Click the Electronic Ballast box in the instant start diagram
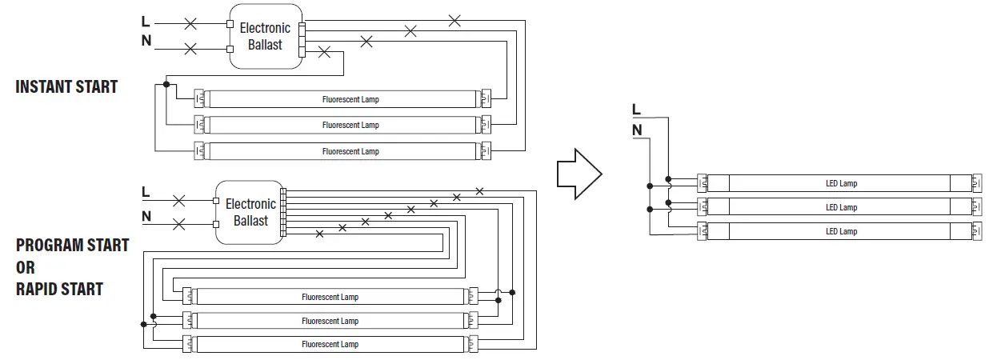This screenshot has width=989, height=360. (266, 37)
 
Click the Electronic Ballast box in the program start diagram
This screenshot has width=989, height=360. (250, 212)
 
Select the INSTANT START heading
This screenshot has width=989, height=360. (66, 87)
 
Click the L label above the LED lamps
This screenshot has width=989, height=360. (636, 110)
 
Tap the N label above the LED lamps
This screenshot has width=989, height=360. (636, 130)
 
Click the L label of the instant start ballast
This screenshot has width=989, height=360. (146, 22)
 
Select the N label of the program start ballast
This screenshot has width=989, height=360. (146, 216)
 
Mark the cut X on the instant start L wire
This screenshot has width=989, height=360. (190, 23)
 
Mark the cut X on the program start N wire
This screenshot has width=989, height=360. (178, 223)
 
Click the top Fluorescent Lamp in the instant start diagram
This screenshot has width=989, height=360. (350, 100)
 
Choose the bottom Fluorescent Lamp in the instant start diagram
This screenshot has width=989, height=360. (350, 151)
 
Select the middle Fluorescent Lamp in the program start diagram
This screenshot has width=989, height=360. (330, 321)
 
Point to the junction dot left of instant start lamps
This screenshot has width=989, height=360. (166, 84)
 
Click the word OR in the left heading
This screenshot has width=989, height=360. (26, 267)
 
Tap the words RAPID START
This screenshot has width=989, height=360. (59, 289)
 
